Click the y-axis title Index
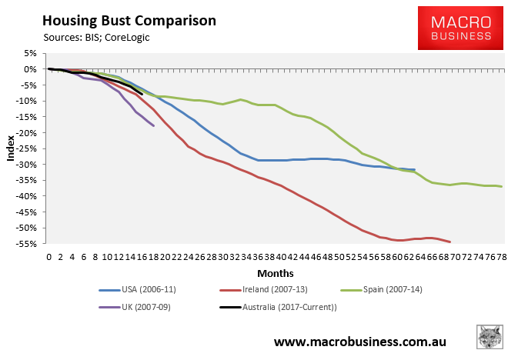click(x=11, y=148)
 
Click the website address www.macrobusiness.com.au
click(x=359, y=339)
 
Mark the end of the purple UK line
click(x=153, y=125)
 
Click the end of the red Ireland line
click(x=449, y=242)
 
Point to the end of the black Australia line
click(x=142, y=94)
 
